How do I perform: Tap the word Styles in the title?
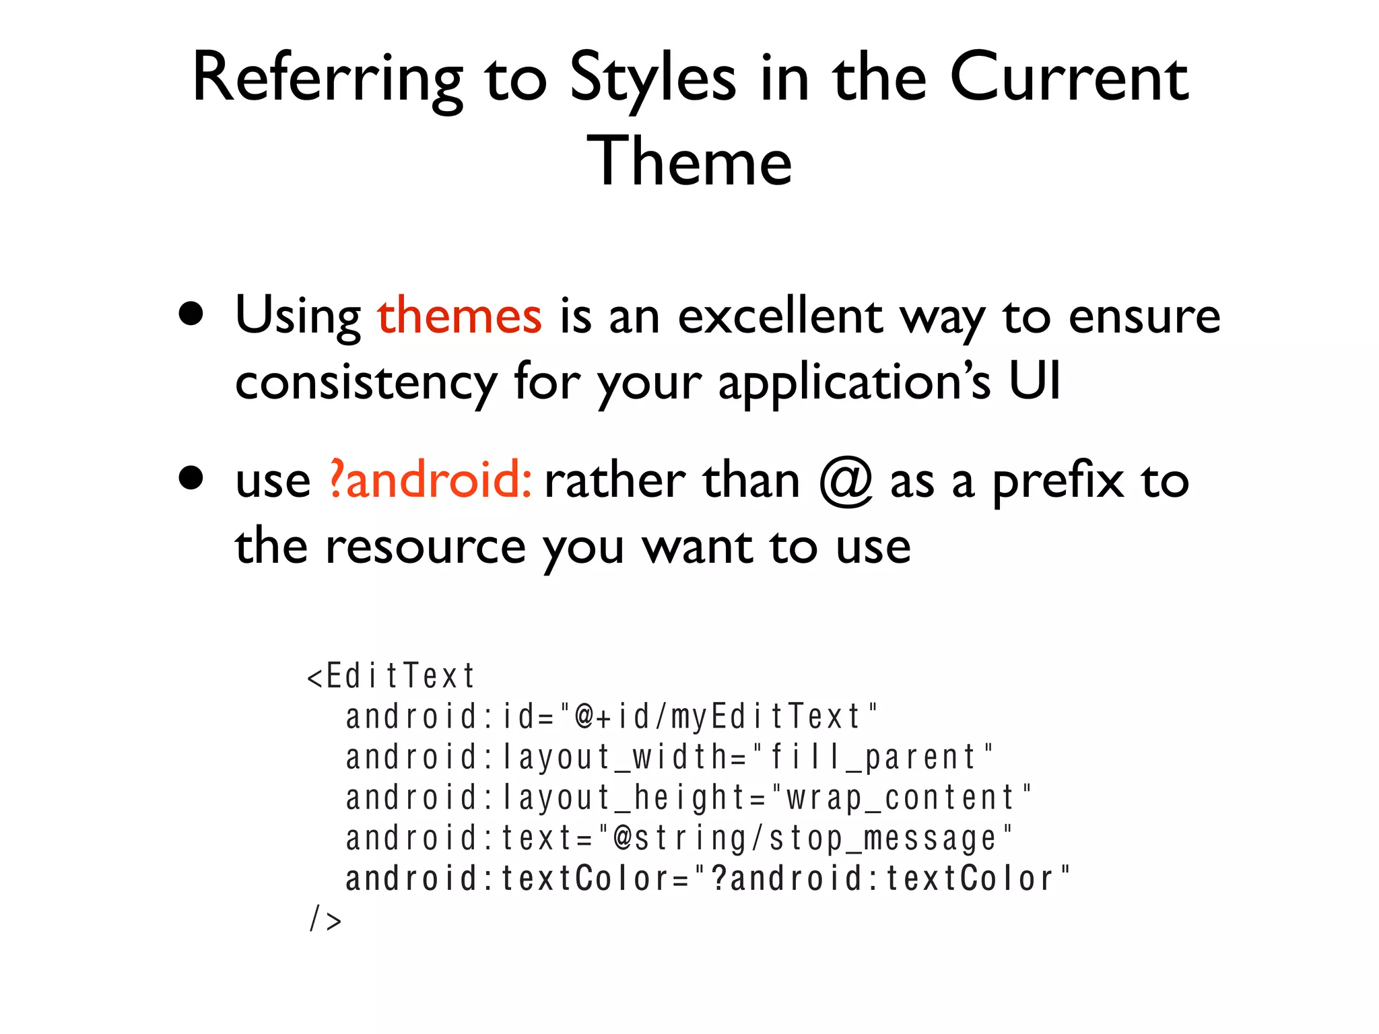pos(652,79)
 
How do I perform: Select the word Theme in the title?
pos(689,162)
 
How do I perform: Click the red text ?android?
pos(431,480)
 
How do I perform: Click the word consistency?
pos(366,382)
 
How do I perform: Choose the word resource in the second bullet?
pos(426,547)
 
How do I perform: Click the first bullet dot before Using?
pos(191,314)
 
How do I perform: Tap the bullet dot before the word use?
pos(191,478)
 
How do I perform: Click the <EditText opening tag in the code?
pos(391,676)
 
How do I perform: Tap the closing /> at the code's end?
pos(325,919)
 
